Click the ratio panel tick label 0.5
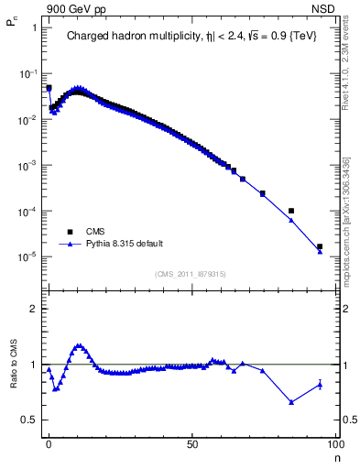pos(29,420)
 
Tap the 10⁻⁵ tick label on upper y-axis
pos(27,257)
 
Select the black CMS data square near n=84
pos(290,211)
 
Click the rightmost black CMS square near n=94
pos(320,246)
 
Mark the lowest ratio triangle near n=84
pos(290,402)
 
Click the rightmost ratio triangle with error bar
pos(320,384)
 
